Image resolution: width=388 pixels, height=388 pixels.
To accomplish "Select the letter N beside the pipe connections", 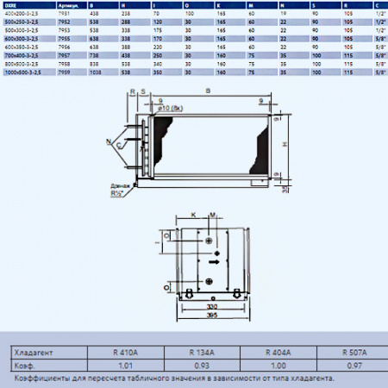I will click(108, 141).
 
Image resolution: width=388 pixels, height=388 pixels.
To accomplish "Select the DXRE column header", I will click(12, 4).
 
